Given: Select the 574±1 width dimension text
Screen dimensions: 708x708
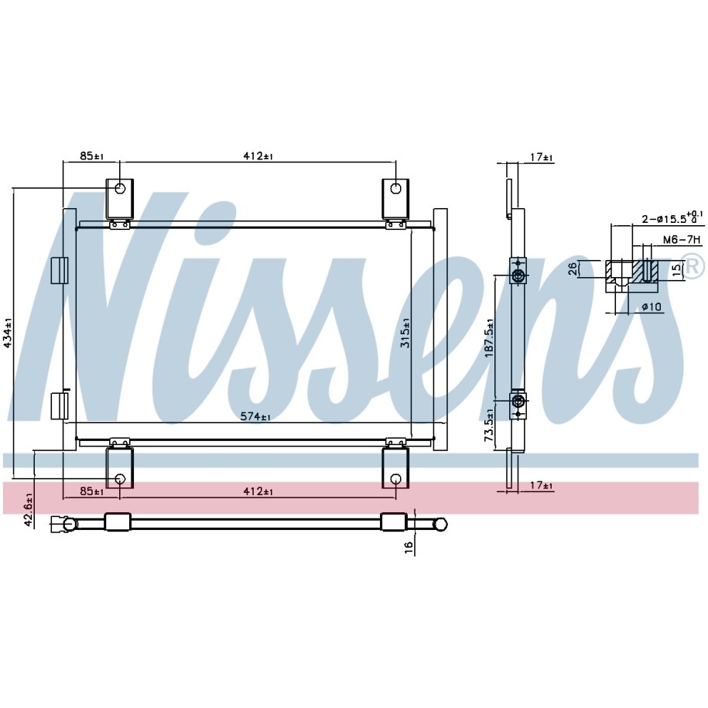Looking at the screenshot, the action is click(x=255, y=416).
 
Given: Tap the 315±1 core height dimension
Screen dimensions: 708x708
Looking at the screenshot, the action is click(x=405, y=333).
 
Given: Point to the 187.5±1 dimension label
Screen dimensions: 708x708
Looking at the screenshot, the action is click(x=490, y=338).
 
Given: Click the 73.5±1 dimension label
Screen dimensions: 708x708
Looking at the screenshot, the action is click(x=488, y=425).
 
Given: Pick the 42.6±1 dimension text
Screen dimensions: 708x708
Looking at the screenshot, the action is click(x=28, y=510).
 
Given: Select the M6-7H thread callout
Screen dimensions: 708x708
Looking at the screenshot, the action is click(x=682, y=239).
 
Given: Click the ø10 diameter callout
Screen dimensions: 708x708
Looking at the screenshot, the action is click(x=652, y=307).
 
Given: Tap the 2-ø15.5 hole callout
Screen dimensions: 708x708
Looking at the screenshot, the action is click(x=672, y=218).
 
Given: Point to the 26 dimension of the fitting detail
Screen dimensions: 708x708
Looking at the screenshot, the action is click(x=572, y=269).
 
